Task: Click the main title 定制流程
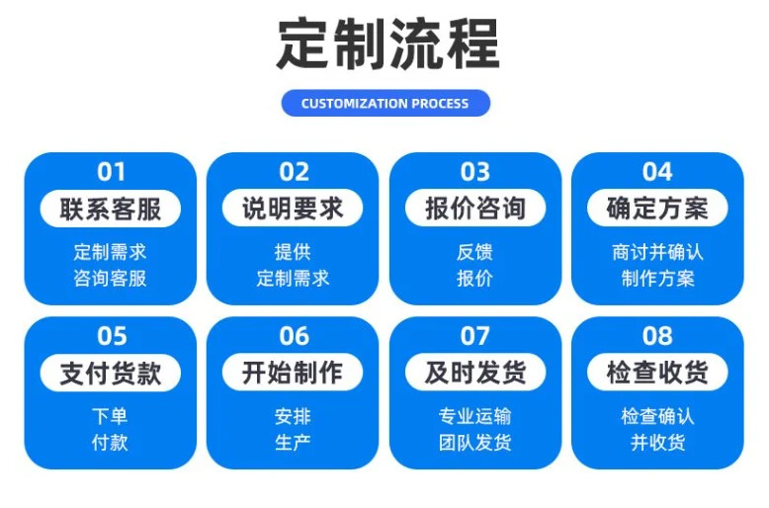click(x=387, y=44)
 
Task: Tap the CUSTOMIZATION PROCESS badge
click(x=385, y=103)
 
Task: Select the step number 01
click(x=111, y=172)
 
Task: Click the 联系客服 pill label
click(x=111, y=209)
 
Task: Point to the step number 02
click(x=294, y=172)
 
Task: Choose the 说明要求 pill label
click(x=293, y=209)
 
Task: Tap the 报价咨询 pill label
click(x=475, y=209)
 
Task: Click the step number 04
click(x=657, y=172)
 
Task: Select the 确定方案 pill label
click(x=657, y=209)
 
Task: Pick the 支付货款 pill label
click(x=111, y=373)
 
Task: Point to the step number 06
click(x=294, y=336)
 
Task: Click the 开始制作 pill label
click(x=293, y=373)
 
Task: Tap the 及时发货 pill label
click(x=475, y=373)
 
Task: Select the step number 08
click(x=657, y=336)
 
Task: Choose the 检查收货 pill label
click(x=657, y=373)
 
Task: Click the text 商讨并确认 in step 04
click(x=657, y=252)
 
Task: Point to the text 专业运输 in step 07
click(x=474, y=416)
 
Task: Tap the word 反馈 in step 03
click(x=474, y=252)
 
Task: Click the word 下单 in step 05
click(x=110, y=416)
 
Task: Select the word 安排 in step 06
click(x=293, y=416)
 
